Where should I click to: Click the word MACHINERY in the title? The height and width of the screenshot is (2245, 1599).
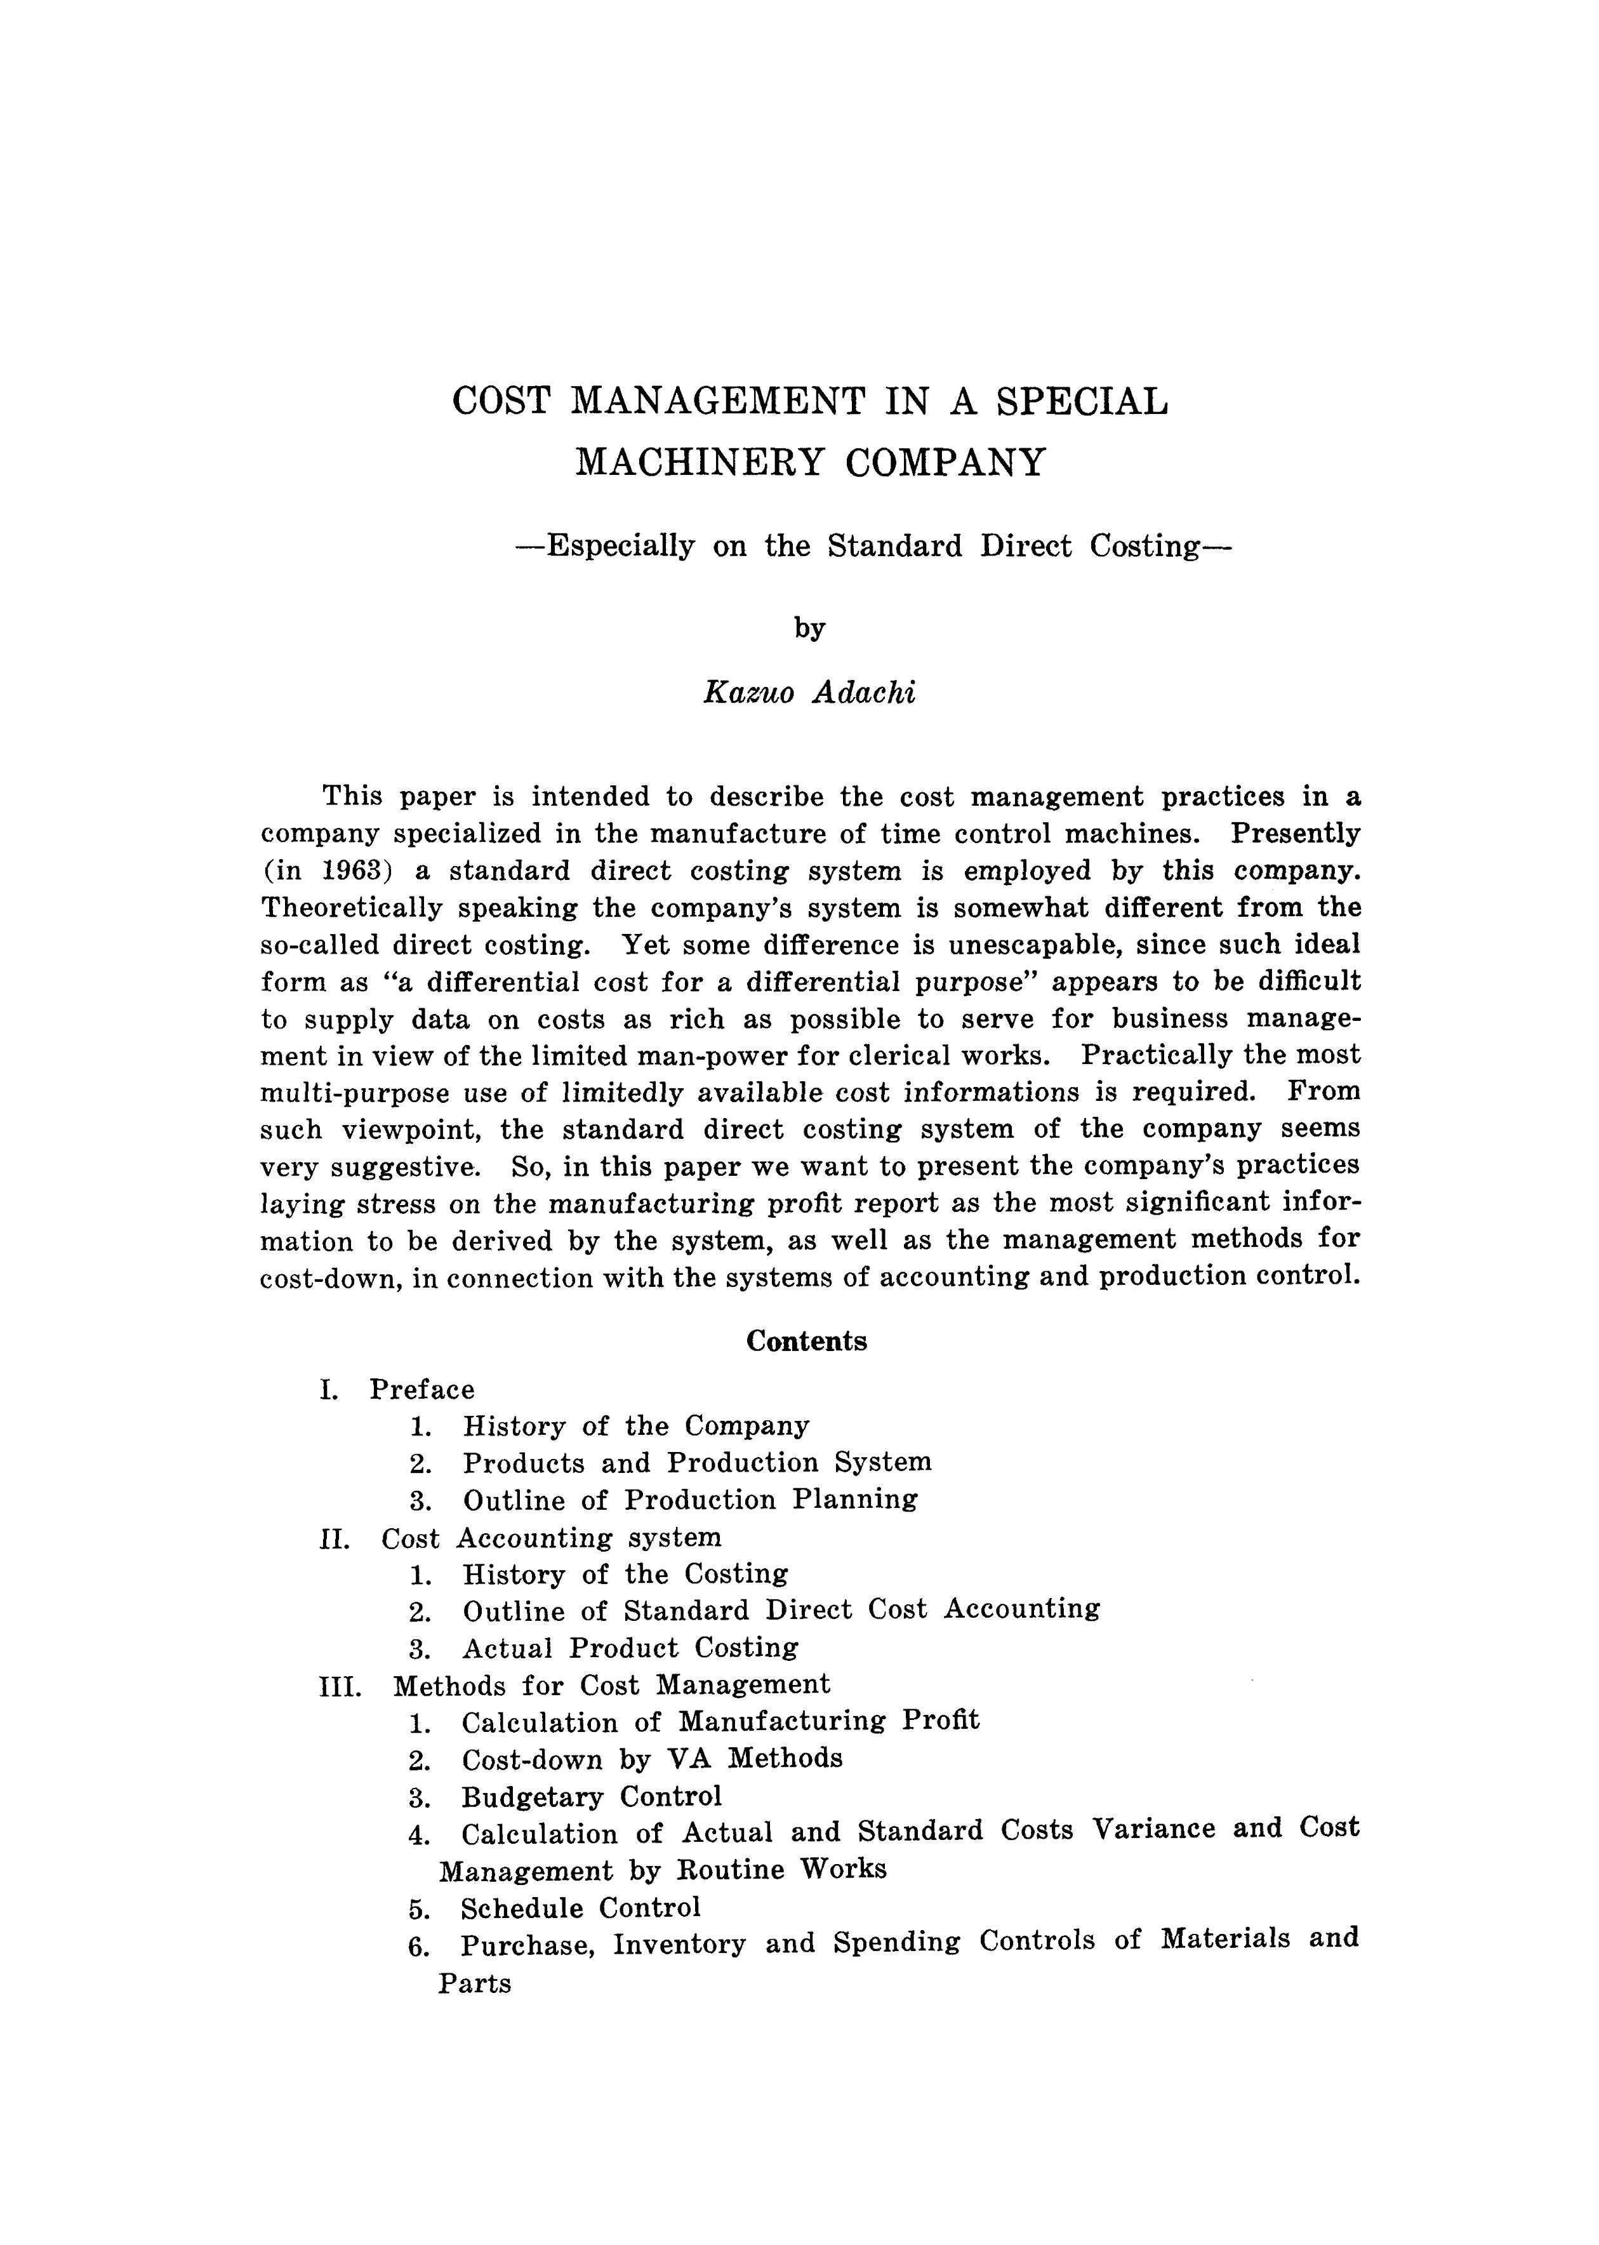(x=699, y=462)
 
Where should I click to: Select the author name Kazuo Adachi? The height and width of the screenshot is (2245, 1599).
(x=809, y=693)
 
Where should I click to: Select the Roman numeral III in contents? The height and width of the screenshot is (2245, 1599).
(x=340, y=1686)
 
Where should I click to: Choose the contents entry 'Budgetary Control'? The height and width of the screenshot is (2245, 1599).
(x=592, y=1796)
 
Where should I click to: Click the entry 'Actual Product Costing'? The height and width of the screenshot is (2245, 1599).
(x=631, y=1648)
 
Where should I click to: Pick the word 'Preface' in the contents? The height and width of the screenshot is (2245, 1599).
(x=421, y=1389)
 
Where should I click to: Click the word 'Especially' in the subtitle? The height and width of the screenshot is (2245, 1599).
(x=620, y=545)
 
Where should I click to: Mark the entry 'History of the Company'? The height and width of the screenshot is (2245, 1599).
(x=636, y=1426)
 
